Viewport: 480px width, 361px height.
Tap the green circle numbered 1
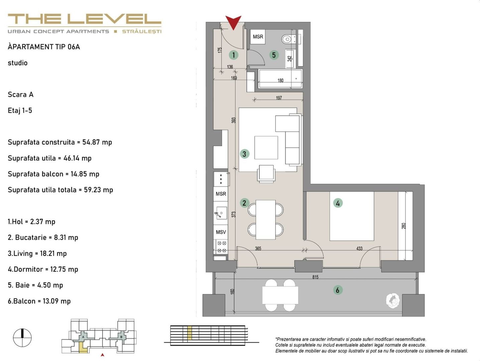pos(233,55)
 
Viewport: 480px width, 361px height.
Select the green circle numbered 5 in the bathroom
pos(274,55)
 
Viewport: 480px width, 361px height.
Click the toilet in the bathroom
pos(287,39)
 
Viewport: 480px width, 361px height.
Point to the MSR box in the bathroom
pos(258,37)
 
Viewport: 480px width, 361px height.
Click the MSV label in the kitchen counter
pos(221,232)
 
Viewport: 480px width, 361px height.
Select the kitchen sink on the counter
pos(220,213)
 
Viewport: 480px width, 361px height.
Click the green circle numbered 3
pos(244,154)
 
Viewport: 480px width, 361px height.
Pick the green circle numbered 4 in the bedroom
pos(338,203)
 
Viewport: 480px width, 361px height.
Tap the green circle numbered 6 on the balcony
pos(337,290)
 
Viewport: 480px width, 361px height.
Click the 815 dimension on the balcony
pos(315,277)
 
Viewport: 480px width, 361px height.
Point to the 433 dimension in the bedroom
pos(359,248)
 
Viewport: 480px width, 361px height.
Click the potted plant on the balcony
pos(393,300)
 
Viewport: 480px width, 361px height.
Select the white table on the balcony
pos(280,295)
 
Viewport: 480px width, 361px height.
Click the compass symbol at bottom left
pos(22,338)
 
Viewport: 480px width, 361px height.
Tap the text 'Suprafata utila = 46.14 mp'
pos(49,158)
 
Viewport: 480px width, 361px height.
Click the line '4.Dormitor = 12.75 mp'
pos(43,269)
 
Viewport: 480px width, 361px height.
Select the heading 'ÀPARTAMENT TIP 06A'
pos(44,47)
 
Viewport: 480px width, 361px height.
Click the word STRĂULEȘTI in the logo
pos(141,31)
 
